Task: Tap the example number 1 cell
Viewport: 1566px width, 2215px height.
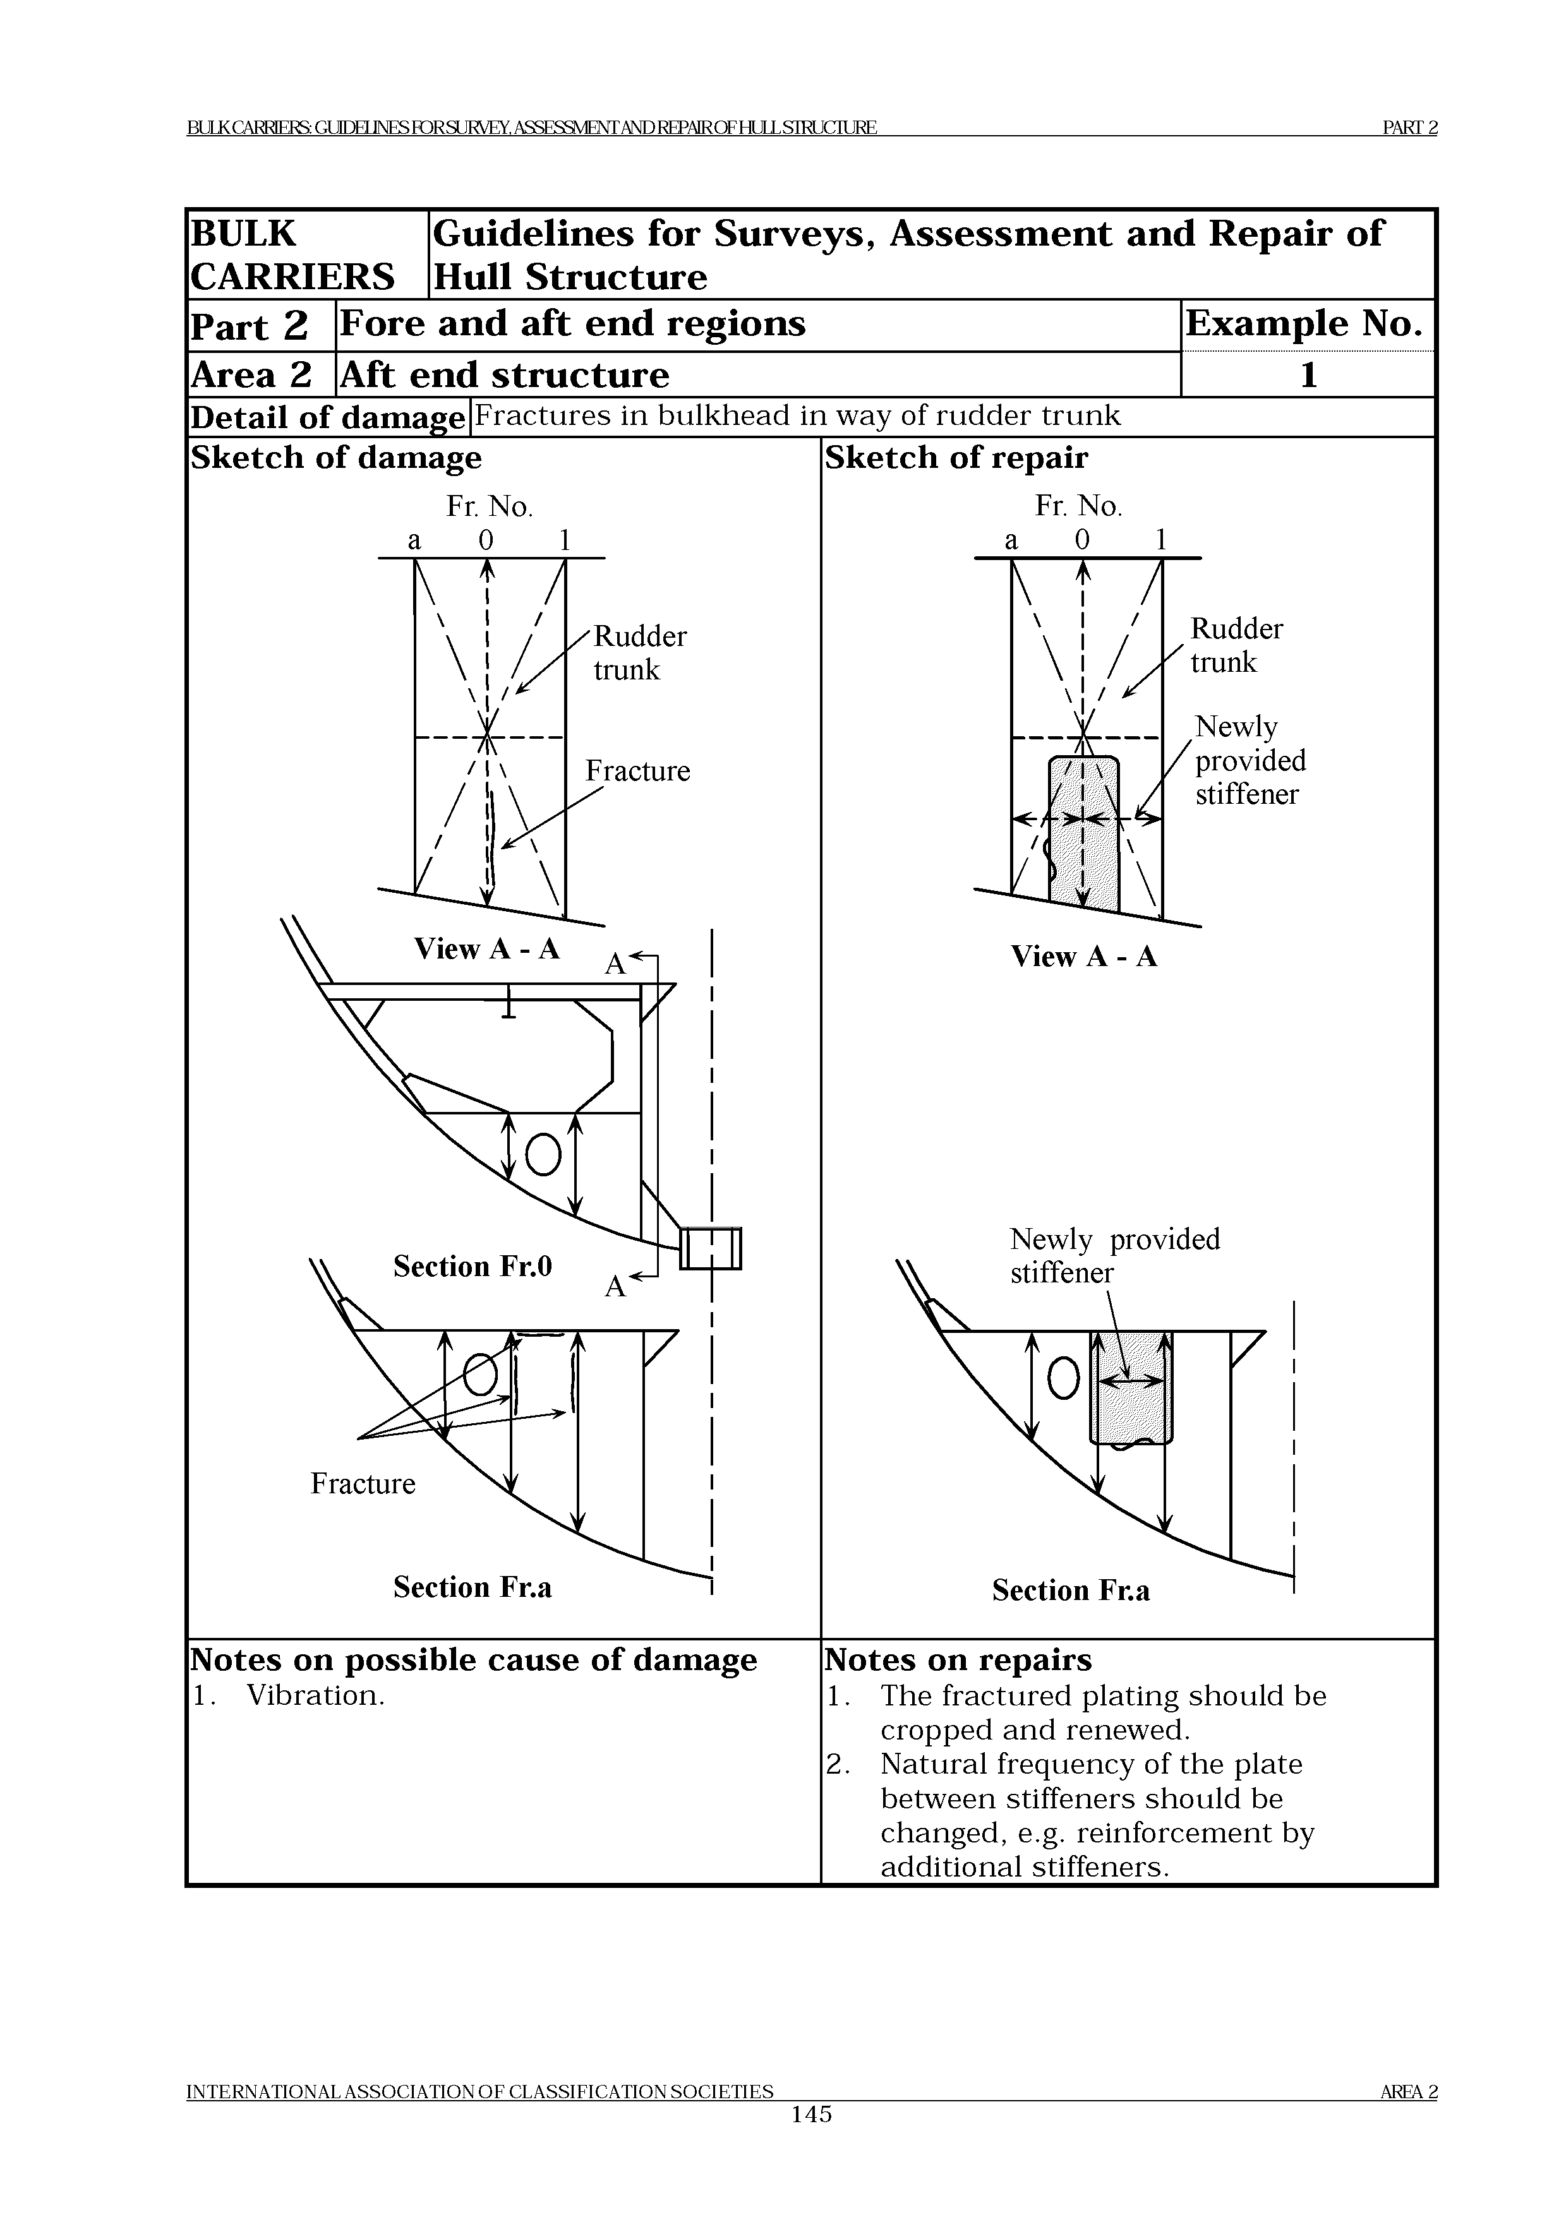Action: click(x=1308, y=375)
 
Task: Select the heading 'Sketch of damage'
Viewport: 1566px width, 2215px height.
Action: click(x=336, y=457)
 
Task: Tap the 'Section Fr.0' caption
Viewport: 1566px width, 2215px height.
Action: click(x=472, y=1266)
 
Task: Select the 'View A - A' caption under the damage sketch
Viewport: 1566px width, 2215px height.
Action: click(x=486, y=949)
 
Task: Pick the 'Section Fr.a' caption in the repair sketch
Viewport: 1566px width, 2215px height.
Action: click(x=1070, y=1590)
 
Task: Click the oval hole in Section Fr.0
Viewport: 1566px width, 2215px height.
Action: click(x=543, y=1154)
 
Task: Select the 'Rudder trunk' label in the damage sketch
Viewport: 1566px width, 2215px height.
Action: click(x=639, y=653)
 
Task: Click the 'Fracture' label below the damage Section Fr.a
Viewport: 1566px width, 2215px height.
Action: click(x=363, y=1483)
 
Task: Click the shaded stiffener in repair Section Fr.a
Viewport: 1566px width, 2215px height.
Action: click(x=1131, y=1389)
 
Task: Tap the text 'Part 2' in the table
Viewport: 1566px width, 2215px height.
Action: click(x=249, y=325)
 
